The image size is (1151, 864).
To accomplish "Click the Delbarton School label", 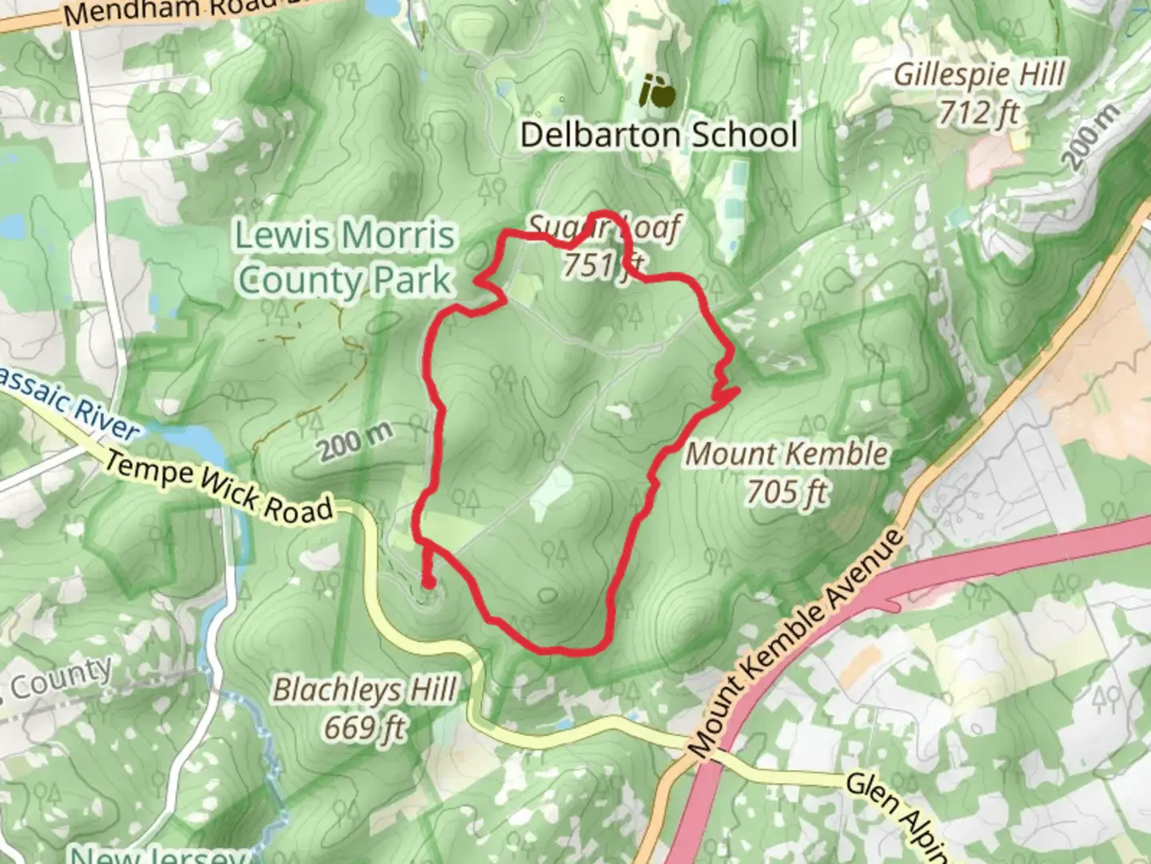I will coord(659,134).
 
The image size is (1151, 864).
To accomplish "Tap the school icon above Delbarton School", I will coord(659,93).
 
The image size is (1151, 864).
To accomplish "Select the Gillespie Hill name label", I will coord(979,75).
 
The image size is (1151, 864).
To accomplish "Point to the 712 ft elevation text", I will coord(979,113).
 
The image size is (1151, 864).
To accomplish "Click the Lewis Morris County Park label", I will coord(345,258).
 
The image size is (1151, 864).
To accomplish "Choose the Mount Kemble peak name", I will coord(787,454).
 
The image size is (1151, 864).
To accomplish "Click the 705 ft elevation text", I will coord(787,491).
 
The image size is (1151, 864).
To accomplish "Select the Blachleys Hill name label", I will coord(364,690).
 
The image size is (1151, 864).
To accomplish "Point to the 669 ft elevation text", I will coord(364,727).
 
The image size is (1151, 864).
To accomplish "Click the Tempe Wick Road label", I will coord(219,486).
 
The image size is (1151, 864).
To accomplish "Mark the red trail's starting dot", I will coord(428,584).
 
